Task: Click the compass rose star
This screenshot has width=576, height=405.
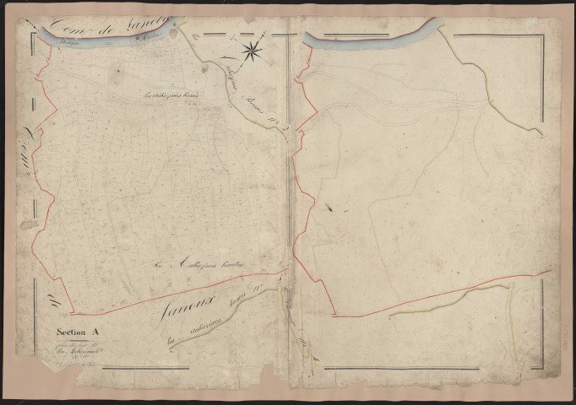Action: click(x=252, y=52)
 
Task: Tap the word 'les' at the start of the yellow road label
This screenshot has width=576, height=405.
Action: click(x=171, y=341)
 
